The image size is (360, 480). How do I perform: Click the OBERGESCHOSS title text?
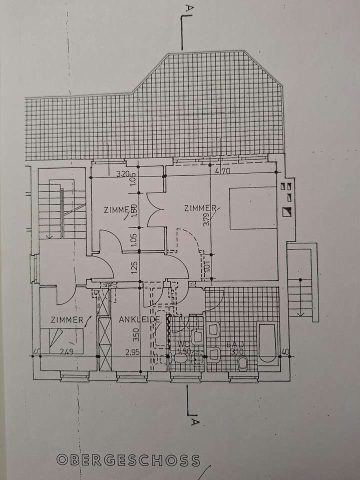click(128, 459)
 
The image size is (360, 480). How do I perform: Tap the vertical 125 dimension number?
click(133, 268)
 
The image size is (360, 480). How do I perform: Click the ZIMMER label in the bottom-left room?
click(66, 319)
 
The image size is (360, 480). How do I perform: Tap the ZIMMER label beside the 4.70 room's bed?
click(199, 208)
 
